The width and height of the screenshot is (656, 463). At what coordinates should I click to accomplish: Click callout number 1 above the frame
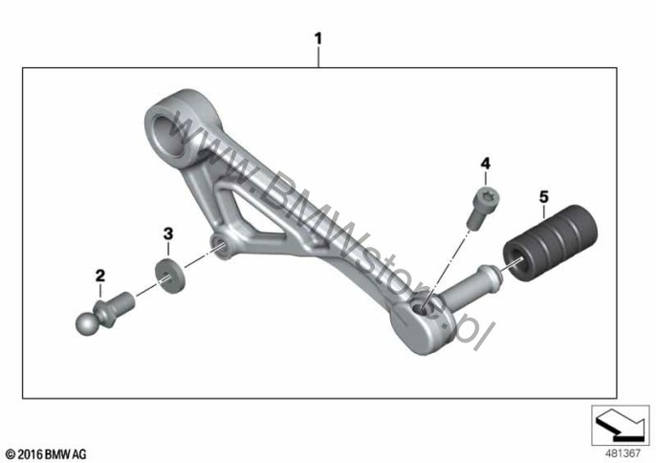click(x=318, y=39)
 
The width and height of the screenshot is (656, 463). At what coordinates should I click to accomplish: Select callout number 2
click(x=100, y=276)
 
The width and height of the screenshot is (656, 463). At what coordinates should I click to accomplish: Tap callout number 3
click(x=167, y=233)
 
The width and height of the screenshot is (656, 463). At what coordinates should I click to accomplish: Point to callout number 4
click(x=486, y=164)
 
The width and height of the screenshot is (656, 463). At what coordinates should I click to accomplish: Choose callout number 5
click(x=543, y=196)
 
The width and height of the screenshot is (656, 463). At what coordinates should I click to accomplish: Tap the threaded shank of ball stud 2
click(x=124, y=300)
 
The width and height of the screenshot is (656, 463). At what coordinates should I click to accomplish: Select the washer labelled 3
click(x=170, y=276)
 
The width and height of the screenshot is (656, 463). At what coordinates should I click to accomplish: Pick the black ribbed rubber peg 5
click(x=550, y=242)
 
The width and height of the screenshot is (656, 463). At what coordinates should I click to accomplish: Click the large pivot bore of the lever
click(x=168, y=136)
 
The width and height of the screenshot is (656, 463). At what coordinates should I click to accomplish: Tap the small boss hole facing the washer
click(x=220, y=245)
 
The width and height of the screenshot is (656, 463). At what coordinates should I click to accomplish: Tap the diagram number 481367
click(x=623, y=453)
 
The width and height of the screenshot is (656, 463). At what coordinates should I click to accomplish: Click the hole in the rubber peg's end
click(x=514, y=262)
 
